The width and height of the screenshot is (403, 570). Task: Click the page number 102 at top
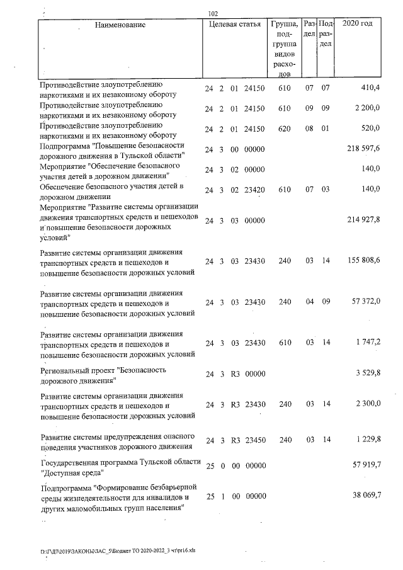(x=212, y=13)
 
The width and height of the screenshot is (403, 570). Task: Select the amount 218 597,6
(x=363, y=149)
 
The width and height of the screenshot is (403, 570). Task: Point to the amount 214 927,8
(x=363, y=219)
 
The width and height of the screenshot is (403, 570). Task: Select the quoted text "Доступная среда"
(x=72, y=472)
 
